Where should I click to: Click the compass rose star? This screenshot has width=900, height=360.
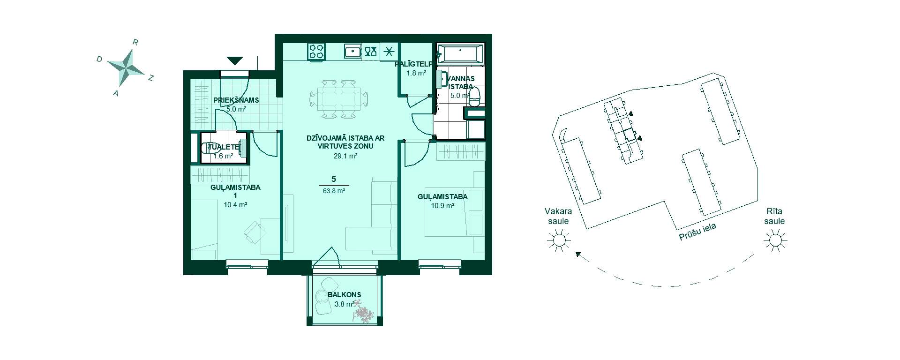click(x=126, y=67)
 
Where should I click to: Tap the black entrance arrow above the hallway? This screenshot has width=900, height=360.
click(x=235, y=60)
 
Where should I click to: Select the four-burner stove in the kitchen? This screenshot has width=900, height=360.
click(x=316, y=51)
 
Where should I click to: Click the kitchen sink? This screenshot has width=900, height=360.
click(x=352, y=51)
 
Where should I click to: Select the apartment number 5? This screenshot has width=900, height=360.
click(x=333, y=179)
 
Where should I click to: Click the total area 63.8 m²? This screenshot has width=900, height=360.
click(x=334, y=191)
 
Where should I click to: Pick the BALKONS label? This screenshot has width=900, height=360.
click(x=345, y=295)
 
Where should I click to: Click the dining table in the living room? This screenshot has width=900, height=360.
click(x=338, y=99)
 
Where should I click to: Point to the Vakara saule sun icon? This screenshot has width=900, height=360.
click(x=558, y=241)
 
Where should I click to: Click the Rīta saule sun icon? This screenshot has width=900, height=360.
click(x=774, y=241)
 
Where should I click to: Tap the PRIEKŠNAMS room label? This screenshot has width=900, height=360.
click(x=236, y=100)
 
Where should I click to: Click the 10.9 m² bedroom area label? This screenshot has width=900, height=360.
click(x=442, y=205)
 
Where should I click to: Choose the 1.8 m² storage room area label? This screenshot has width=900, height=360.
click(x=416, y=73)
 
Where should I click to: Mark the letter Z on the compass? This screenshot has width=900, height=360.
click(x=151, y=78)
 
